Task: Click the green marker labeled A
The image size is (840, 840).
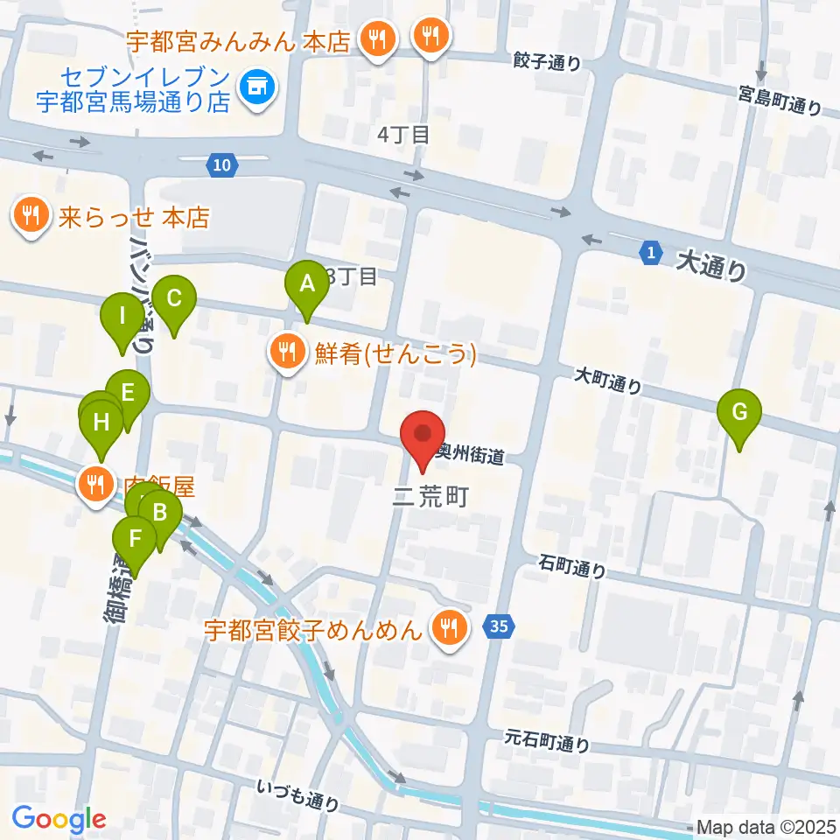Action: (306, 285)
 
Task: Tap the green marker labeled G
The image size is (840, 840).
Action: (739, 412)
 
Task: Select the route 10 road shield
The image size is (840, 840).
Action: (222, 164)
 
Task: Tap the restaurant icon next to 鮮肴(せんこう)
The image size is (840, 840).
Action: (286, 353)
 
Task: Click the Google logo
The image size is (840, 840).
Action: (59, 819)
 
